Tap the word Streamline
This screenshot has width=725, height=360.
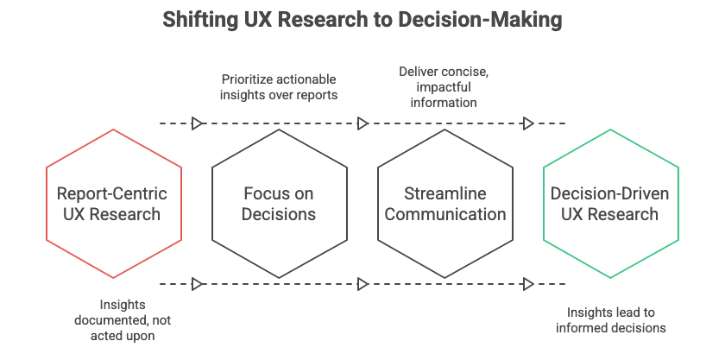point(445,193)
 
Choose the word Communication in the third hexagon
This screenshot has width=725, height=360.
point(445,214)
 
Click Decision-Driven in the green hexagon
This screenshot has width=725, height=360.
point(610,193)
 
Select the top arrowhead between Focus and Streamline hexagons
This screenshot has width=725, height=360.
point(363,123)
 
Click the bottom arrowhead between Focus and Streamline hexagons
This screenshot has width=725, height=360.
point(363,283)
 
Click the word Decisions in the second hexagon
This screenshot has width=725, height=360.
point(279,214)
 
